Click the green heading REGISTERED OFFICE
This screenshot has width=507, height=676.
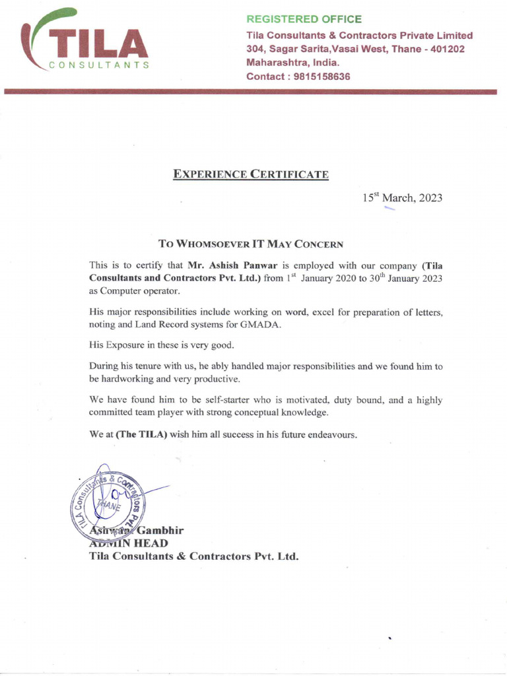click(304, 19)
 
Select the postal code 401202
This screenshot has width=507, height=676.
click(448, 49)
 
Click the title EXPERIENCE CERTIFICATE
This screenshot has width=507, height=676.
click(250, 174)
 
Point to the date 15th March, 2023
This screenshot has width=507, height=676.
click(402, 197)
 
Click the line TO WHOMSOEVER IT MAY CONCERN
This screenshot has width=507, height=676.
click(251, 244)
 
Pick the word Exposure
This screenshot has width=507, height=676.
click(125, 345)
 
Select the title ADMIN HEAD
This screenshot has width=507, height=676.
click(128, 543)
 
